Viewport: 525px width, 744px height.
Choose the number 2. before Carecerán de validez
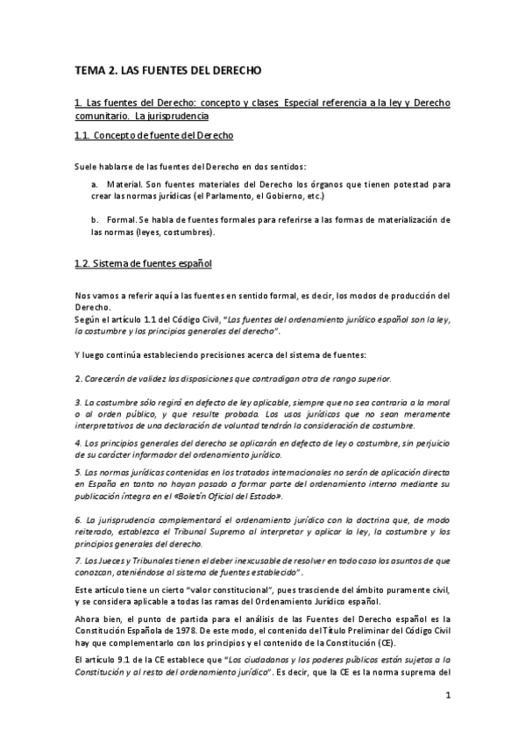78,378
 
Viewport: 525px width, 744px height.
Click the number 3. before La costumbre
78,401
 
